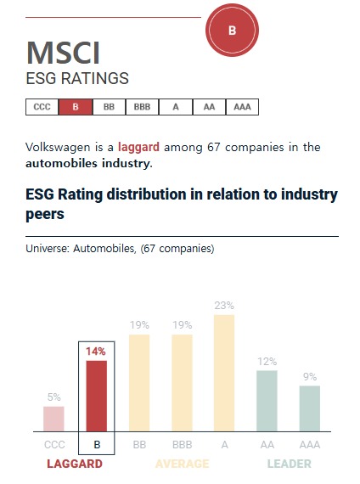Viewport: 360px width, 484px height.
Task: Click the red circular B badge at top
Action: [x=232, y=31]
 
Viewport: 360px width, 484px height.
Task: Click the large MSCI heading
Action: [x=64, y=53]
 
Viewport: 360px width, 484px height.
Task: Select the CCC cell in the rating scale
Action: [x=42, y=107]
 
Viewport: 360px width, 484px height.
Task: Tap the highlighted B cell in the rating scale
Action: [x=76, y=107]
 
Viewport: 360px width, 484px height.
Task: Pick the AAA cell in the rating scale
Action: [x=242, y=107]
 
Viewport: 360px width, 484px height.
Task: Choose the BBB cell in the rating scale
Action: [x=142, y=107]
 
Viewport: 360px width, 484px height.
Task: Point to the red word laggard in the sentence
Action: [x=138, y=147]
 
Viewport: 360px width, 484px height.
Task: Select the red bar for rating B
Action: [x=97, y=396]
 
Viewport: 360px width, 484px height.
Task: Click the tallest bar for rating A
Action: [x=224, y=373]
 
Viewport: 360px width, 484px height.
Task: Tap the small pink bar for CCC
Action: [x=53, y=419]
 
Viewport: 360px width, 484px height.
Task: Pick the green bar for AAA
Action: [x=310, y=408]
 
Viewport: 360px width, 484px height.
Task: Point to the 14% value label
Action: [x=97, y=352]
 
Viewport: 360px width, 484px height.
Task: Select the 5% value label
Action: [x=53, y=397]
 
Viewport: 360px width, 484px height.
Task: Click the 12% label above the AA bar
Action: [x=267, y=361]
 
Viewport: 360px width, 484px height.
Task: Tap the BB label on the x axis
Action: [x=139, y=443]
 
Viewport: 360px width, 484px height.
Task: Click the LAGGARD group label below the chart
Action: [x=74, y=464]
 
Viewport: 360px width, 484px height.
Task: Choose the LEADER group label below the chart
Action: [x=289, y=464]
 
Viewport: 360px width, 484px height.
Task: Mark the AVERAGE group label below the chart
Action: [x=182, y=464]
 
